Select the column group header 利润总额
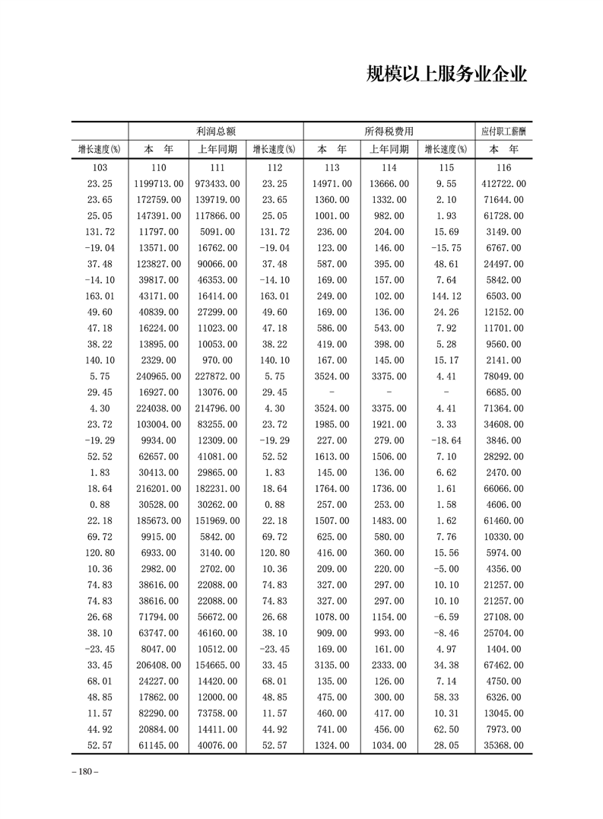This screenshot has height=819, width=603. (x=217, y=131)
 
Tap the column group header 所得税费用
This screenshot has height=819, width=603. (x=389, y=131)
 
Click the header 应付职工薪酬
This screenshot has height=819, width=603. (x=503, y=131)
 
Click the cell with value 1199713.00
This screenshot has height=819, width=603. (x=158, y=184)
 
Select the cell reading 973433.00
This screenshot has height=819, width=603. (x=217, y=184)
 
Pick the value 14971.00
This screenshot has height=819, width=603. (x=332, y=184)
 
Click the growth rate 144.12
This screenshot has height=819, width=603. (x=446, y=296)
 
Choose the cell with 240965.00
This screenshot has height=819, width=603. (x=158, y=376)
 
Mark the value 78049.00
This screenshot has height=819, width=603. (x=504, y=376)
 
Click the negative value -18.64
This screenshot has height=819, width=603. (x=446, y=440)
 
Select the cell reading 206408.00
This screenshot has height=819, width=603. (x=158, y=665)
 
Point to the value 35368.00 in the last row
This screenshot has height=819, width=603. (x=504, y=745)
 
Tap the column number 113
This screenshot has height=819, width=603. (x=332, y=168)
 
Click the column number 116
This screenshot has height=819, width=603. (x=503, y=168)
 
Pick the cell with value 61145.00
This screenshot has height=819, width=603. (x=160, y=745)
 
